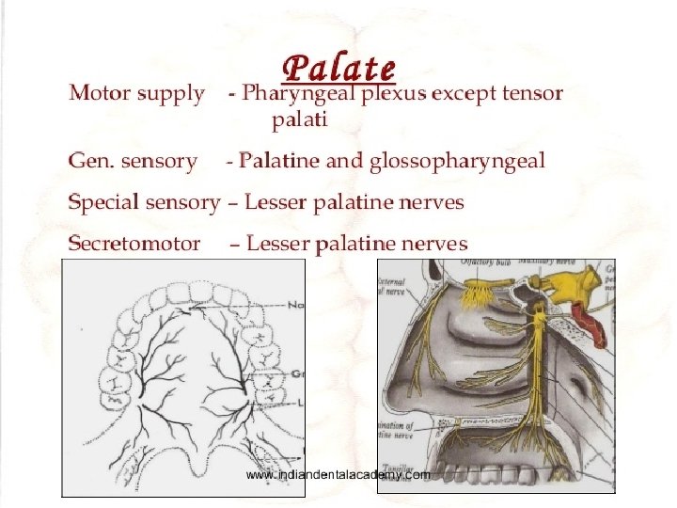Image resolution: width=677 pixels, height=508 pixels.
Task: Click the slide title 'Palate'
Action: point(338,67)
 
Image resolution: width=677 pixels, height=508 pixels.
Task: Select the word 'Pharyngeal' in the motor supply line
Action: point(292,93)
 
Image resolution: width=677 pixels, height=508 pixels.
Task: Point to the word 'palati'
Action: point(300,120)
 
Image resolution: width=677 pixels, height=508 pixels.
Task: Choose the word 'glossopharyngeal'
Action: point(457,162)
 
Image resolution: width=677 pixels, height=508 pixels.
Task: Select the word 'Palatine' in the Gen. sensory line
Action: point(278,161)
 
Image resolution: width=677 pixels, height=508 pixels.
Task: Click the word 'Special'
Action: point(107,202)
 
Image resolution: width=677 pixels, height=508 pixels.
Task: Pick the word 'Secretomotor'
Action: point(134,244)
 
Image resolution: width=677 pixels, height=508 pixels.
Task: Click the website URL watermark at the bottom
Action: point(338,475)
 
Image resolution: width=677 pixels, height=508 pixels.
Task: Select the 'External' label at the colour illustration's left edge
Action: point(391,281)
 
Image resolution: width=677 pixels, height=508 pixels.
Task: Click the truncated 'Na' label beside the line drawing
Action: point(296,305)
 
